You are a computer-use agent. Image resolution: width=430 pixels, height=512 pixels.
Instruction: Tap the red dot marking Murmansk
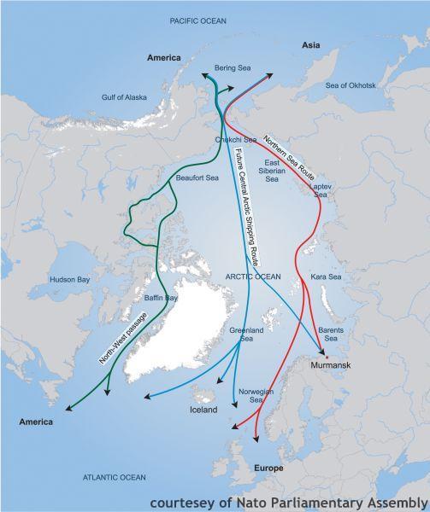click(325, 356)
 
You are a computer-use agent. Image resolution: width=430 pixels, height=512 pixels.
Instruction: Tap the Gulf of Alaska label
click(127, 97)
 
